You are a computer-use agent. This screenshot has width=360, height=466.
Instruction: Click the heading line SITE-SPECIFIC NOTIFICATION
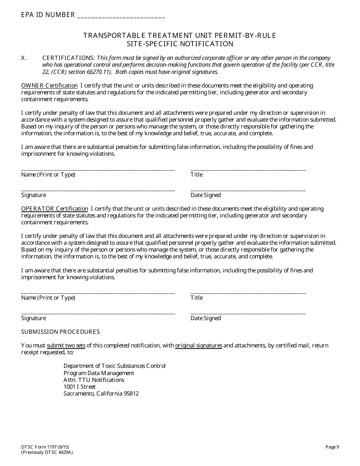point(180,44)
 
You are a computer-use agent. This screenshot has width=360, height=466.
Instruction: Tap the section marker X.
point(24,58)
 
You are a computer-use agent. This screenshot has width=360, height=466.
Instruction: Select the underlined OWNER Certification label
point(49,86)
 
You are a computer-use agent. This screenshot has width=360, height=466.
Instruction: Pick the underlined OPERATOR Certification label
point(55,209)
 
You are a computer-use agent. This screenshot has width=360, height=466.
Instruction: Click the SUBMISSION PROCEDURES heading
point(61,332)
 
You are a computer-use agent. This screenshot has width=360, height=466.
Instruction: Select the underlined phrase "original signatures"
point(199,346)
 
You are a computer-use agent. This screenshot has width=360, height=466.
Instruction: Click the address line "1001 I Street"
point(80,387)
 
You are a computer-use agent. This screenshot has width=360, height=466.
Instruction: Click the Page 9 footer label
point(332,447)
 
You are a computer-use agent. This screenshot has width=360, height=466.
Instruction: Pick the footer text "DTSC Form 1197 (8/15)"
point(45,447)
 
